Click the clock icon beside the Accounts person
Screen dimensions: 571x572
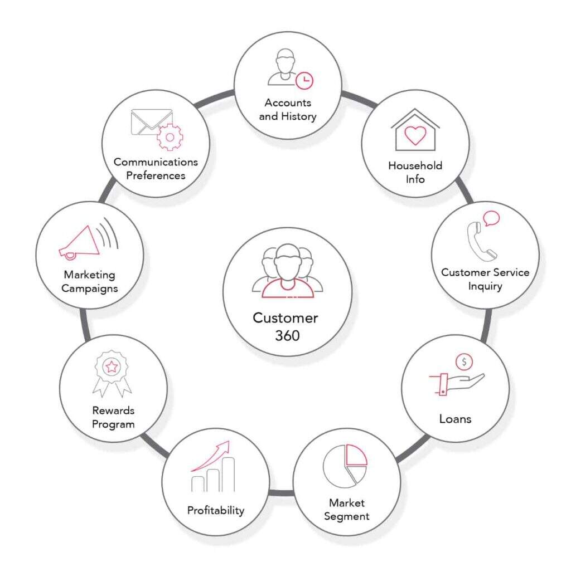tap(304, 81)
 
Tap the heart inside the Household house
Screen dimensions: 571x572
tap(415, 135)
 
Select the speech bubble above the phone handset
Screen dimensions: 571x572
tap(491, 218)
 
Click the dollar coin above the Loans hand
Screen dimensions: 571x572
tap(464, 362)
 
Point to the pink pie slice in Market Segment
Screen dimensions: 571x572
tap(356, 455)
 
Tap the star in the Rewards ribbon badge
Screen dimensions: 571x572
tap(112, 366)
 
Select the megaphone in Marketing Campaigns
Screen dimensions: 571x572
tap(80, 243)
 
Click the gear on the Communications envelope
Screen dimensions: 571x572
tap(170, 137)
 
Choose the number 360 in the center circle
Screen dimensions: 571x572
tap(287, 336)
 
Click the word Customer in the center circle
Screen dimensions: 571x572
tap(285, 318)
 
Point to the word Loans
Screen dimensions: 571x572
tap(455, 419)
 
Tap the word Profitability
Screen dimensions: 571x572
tap(216, 510)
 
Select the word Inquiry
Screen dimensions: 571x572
tap(485, 286)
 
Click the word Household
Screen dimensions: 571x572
tap(415, 165)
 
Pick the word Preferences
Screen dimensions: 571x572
tap(156, 175)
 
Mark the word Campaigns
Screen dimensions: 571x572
tap(90, 289)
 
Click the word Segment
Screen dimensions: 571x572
tap(346, 516)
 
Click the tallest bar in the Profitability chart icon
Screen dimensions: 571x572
tap(228, 475)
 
